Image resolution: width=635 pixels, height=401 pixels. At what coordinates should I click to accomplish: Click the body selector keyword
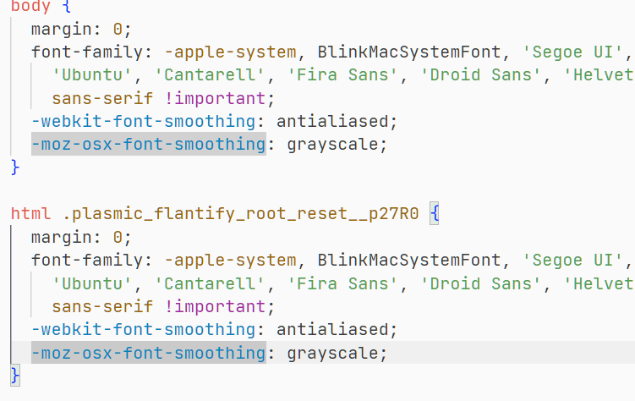coord(30,6)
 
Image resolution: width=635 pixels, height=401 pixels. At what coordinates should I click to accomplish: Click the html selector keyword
coord(30,213)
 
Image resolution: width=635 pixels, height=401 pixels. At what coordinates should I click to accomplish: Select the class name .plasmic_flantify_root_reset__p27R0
coord(240,214)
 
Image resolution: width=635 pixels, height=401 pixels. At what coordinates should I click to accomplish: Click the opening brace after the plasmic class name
coord(434,213)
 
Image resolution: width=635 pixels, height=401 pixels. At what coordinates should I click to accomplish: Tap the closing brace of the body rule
coord(15,168)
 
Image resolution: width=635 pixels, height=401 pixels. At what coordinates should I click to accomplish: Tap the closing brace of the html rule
coord(15,376)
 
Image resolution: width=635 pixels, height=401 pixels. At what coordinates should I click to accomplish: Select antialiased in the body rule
coord(332,121)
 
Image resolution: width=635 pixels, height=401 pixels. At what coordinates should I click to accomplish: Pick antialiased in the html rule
coord(332,329)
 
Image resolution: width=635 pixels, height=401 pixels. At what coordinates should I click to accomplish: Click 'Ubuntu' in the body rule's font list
coord(92,75)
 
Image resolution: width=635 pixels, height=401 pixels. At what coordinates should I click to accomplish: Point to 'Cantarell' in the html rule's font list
coord(210,283)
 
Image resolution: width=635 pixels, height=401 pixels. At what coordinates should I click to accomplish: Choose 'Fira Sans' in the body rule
coord(342,75)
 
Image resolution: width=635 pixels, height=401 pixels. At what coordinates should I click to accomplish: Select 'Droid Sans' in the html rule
coord(481,283)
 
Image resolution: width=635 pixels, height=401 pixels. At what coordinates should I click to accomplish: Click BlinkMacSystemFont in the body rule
coord(409,52)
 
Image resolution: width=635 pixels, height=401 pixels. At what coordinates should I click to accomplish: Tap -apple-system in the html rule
coord(231,261)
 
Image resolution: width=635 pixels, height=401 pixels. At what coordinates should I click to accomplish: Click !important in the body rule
coord(215,98)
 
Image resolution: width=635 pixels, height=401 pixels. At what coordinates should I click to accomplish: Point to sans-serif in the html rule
coord(102,306)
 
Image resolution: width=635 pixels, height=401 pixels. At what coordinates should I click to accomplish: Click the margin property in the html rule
coord(62,238)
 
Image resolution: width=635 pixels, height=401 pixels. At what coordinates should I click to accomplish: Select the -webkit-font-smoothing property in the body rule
coord(144,121)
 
